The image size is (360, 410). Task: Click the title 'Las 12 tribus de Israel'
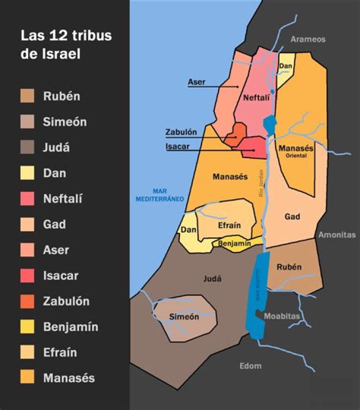(x=65, y=45)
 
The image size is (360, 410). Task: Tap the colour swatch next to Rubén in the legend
(x=27, y=96)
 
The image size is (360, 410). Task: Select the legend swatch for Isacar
(x=27, y=275)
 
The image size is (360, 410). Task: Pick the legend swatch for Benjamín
(x=27, y=327)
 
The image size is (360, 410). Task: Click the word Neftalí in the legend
(x=62, y=199)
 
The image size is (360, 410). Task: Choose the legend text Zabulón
(x=66, y=301)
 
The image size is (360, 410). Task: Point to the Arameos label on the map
(x=308, y=39)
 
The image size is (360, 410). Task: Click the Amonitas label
(x=337, y=234)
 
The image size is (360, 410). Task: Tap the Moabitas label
(x=281, y=316)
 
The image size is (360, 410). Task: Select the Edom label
(x=250, y=366)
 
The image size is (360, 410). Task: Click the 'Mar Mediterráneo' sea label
(x=160, y=195)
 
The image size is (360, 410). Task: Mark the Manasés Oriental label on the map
(x=296, y=151)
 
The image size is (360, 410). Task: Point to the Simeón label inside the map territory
(x=184, y=317)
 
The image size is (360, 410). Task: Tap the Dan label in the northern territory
(x=285, y=66)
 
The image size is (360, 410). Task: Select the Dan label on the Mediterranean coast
(x=188, y=230)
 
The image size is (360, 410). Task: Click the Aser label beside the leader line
(x=196, y=82)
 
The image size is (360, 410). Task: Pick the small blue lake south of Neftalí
(x=269, y=124)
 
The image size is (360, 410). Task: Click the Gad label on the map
(x=292, y=217)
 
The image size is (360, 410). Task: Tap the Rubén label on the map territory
(x=289, y=267)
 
